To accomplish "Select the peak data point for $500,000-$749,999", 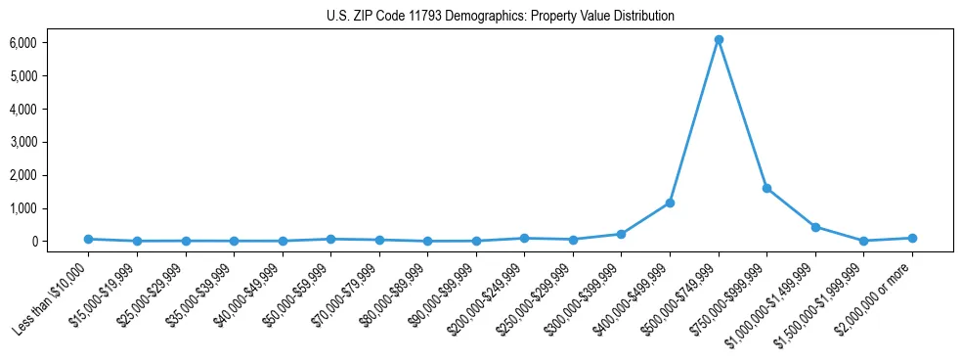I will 719,39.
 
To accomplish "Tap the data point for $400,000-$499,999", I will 670,203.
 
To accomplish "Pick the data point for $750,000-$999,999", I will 766,188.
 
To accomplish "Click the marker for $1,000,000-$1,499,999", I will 815,227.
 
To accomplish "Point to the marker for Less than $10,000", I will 88,239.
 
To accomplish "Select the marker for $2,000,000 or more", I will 912,238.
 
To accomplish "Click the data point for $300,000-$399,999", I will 622,234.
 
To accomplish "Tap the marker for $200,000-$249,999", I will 524,238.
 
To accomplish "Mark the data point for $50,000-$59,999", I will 330,239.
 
